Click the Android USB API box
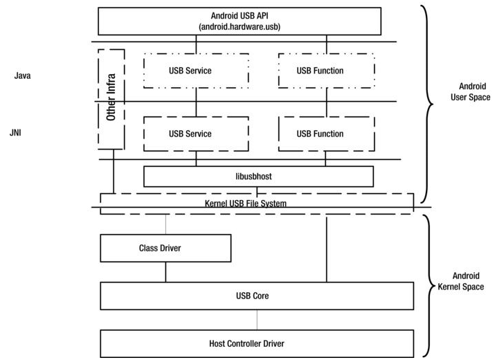pyautogui.click(x=240, y=20)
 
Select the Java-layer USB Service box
pyautogui.click(x=190, y=71)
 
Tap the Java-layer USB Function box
pyautogui.click(x=319, y=71)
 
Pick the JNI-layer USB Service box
pyautogui.click(x=190, y=134)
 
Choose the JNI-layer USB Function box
pyautogui.click(x=319, y=134)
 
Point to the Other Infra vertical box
pyautogui.click(x=111, y=99)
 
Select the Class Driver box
pyautogui.click(x=165, y=248)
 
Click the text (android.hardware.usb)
pyautogui.click(x=240, y=26)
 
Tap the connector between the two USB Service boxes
pyautogui.click(x=196, y=102)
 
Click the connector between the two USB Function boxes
pyautogui.click(x=325, y=102)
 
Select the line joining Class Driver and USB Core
pyautogui.click(x=165, y=272)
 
